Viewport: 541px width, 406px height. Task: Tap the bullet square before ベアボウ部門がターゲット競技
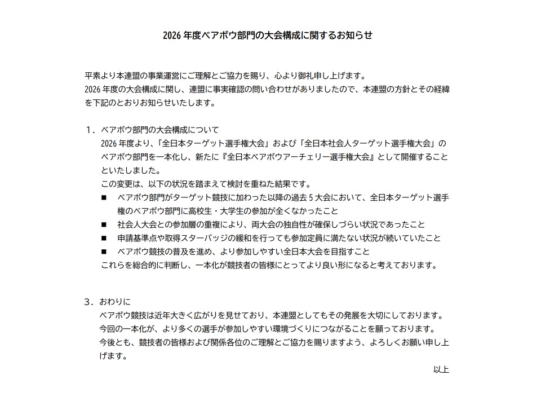[x=104, y=198]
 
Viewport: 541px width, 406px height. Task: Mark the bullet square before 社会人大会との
[x=104, y=225]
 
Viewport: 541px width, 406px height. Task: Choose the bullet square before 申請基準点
[x=104, y=239]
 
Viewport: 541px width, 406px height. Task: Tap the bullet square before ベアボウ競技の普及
[x=104, y=252]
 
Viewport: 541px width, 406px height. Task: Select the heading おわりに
[x=115, y=302]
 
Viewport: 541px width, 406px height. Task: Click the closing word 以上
[x=441, y=369]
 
